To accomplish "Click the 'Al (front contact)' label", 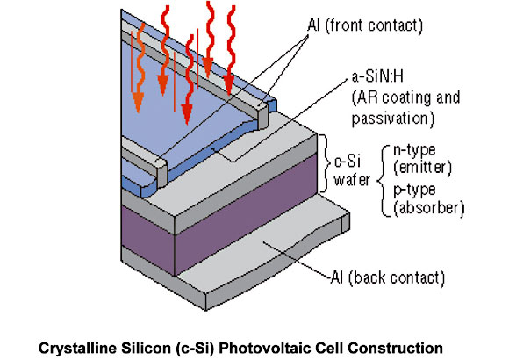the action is (x=365, y=25).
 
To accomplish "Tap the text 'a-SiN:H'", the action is (x=377, y=76).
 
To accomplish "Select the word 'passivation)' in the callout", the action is (x=393, y=119).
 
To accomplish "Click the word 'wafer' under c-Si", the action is (x=352, y=180).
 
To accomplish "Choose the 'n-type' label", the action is (x=414, y=150).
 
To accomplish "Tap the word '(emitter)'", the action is (x=422, y=168).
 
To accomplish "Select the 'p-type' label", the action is (x=414, y=190).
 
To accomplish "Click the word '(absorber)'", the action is (x=428, y=208).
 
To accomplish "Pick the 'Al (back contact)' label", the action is (x=387, y=277).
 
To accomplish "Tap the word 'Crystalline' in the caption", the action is (x=77, y=348).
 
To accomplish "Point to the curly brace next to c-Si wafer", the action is (x=325, y=163).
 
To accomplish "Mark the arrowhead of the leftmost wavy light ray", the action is (x=139, y=103).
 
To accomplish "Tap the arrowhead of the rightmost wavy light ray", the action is (x=228, y=85).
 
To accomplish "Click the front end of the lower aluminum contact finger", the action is (x=161, y=176).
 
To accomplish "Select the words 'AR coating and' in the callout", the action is (x=406, y=97).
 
